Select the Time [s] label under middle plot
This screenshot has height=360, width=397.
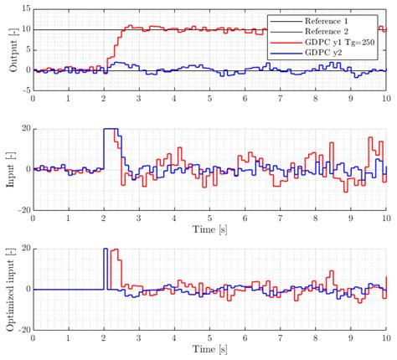209,229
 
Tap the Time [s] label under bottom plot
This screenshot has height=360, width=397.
209,349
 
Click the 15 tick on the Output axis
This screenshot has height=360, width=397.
24,9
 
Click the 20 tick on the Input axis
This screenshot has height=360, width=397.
24,129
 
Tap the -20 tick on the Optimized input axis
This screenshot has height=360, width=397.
23,329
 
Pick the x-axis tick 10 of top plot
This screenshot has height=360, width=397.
385,99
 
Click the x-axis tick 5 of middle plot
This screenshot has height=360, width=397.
209,219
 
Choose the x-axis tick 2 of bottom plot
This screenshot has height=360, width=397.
104,338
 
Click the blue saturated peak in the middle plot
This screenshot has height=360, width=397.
110,130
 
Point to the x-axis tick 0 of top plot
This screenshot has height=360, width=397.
33,99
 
